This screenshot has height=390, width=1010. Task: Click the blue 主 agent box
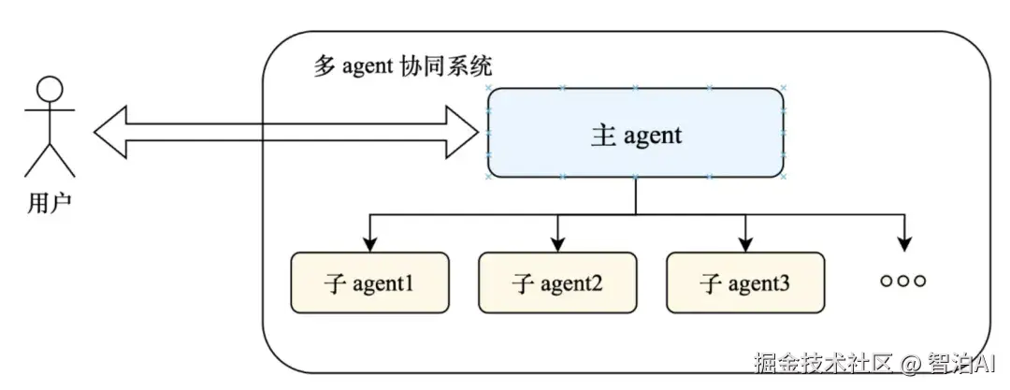point(636,133)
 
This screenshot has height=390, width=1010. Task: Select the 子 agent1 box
point(369,282)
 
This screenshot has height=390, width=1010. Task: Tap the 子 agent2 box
point(557,282)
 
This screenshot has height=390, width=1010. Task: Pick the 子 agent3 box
point(745,282)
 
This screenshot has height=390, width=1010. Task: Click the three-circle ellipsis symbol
point(903,281)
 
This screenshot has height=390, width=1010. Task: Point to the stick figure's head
point(50,91)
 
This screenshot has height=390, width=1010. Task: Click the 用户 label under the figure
point(49,203)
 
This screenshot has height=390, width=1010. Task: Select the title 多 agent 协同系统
point(403,67)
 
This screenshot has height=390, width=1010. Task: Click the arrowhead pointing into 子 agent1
point(370,244)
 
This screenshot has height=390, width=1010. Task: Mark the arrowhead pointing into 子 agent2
point(558,244)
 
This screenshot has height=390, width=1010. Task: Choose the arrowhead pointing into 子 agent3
point(745,244)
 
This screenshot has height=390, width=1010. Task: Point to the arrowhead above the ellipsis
point(903,244)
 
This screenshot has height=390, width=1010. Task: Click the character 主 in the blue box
point(603,136)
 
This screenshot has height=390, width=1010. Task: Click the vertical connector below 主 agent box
point(636,195)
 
